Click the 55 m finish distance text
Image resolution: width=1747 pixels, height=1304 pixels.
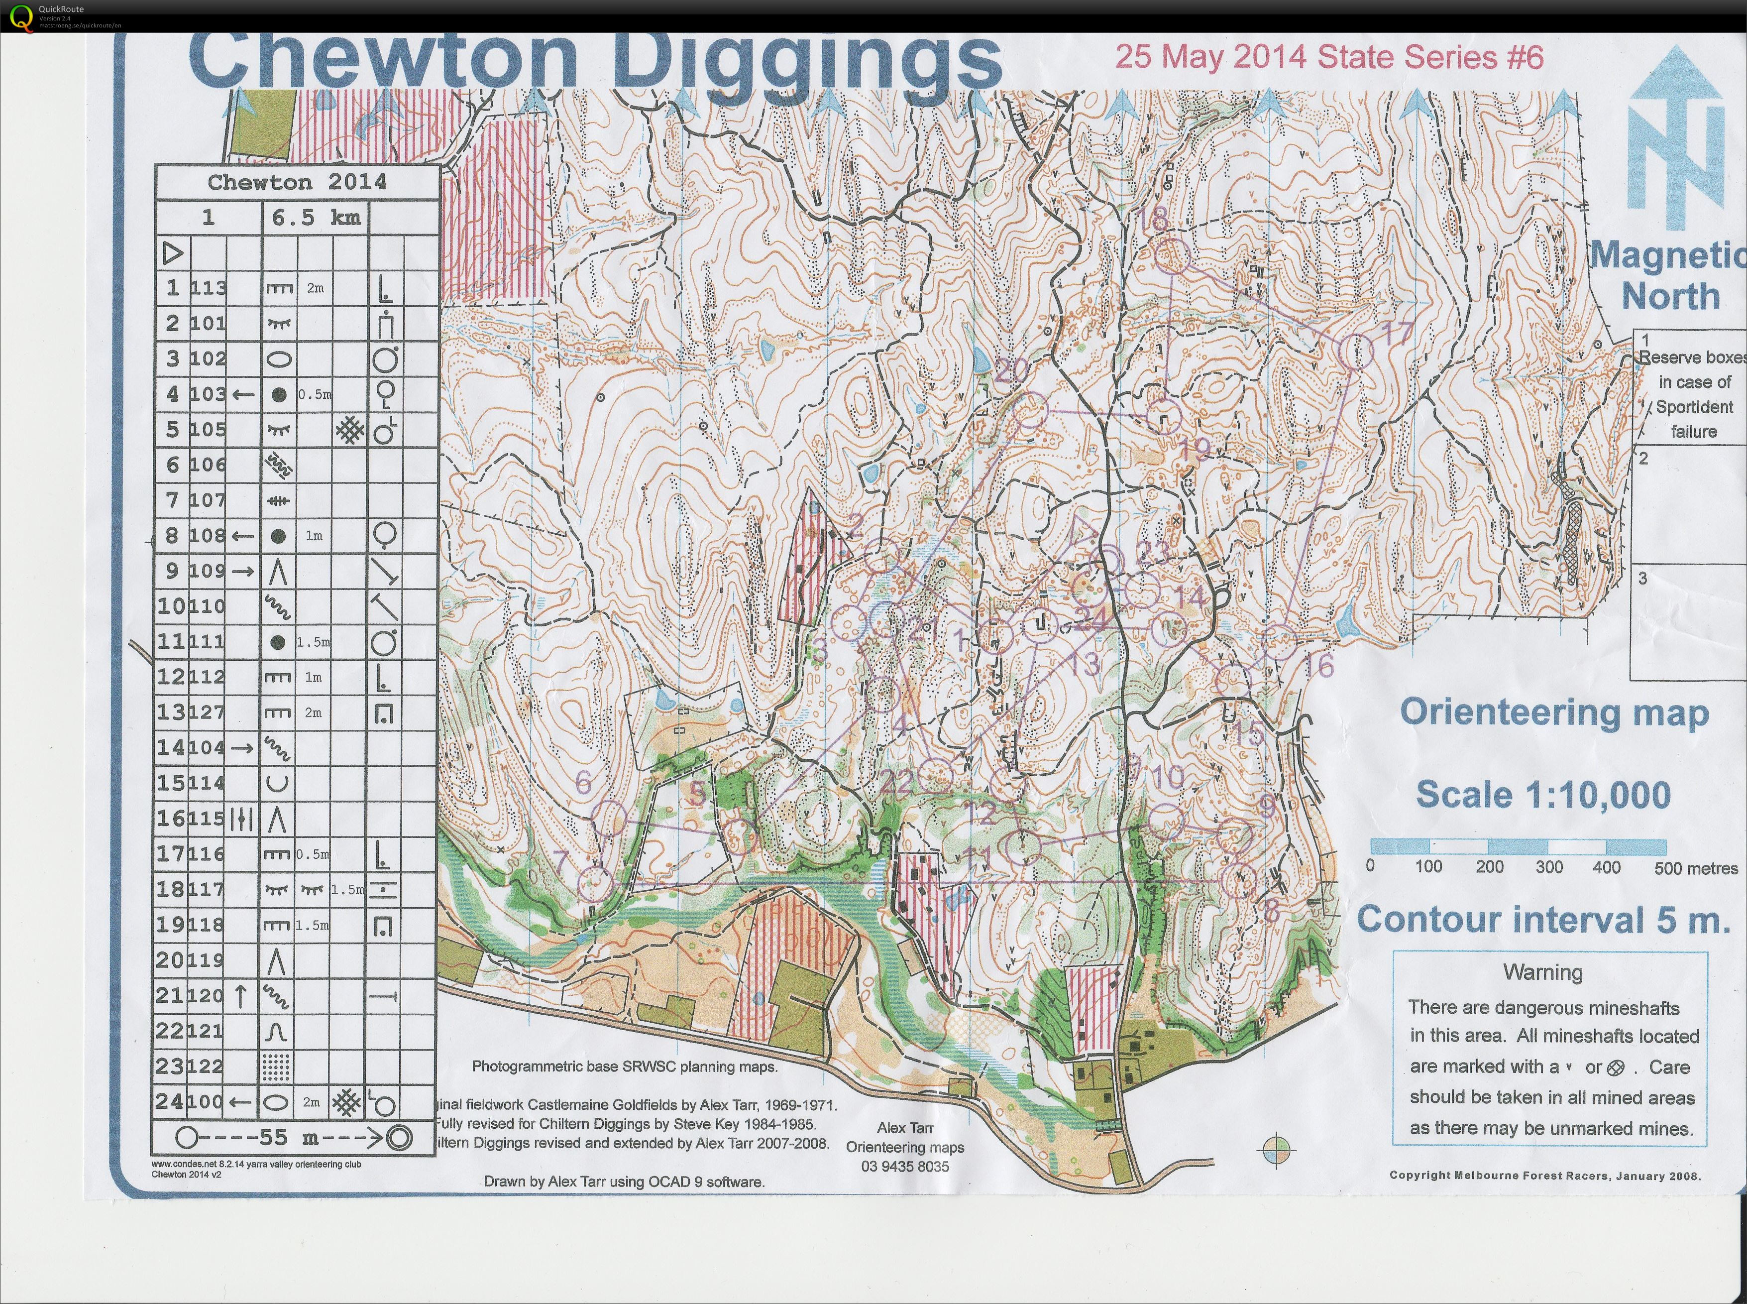[x=284, y=1137]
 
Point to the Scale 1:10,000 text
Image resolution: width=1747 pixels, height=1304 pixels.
[x=1542, y=794]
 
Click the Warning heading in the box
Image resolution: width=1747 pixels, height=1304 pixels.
[x=1542, y=972]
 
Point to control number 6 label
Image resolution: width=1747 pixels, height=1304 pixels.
[x=583, y=781]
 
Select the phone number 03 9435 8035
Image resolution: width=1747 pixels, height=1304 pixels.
[x=905, y=1166]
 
